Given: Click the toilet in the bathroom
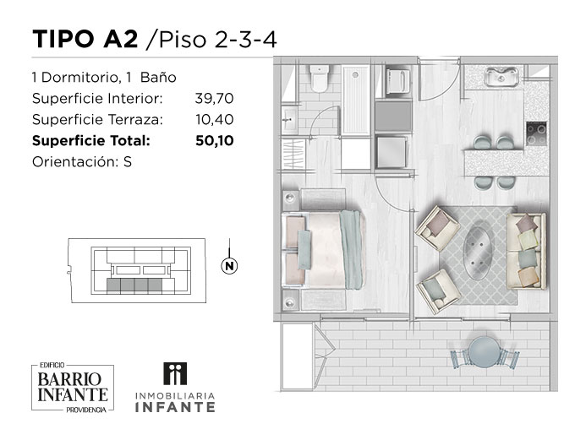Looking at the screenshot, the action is coord(320,79).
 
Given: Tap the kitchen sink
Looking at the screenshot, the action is coord(501,77).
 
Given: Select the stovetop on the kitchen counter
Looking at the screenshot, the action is coord(536,134).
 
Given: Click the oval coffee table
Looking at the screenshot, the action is coord(477,253).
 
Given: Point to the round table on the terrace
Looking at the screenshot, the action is coord(485,351).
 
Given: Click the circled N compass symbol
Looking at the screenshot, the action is coord(229,266).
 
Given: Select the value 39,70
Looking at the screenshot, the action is coord(214,99).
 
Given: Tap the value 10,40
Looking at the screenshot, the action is coord(215,120).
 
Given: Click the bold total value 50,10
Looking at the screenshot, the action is coord(215,141).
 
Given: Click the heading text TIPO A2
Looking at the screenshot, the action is coord(85,39).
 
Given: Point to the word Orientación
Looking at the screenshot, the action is coord(74,162).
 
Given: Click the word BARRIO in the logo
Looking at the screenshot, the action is coord(69,379).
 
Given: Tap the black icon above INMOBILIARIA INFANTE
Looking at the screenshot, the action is coord(175,373).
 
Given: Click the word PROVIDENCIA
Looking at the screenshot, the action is coord(86,410).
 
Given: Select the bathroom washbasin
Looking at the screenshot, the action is coord(289,119).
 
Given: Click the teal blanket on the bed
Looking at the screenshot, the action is coord(351,250).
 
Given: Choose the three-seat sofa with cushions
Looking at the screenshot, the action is coord(526,251).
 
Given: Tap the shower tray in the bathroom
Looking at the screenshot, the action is coord(355,100).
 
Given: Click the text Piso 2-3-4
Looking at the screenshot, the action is coord(218,40).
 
